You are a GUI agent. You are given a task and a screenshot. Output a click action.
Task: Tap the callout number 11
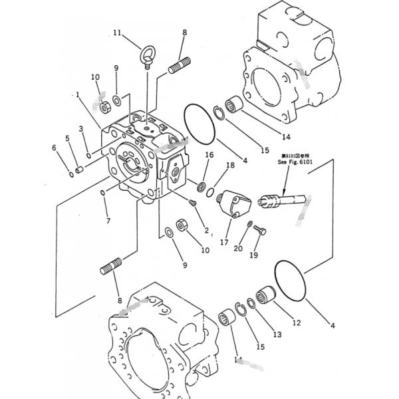pyautogui.click(x=117, y=33)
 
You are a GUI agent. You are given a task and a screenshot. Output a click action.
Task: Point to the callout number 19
pyautogui.click(x=253, y=255)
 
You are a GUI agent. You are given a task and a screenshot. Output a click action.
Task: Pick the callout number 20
pyautogui.click(x=237, y=249)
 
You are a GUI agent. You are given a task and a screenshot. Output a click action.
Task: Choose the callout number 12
pyautogui.click(x=296, y=323)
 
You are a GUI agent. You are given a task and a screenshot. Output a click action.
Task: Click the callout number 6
pyautogui.click(x=55, y=148)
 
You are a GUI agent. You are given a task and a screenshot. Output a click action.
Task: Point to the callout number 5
pyautogui.click(x=67, y=138)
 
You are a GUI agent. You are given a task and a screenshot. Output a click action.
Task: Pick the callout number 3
pyautogui.click(x=80, y=128)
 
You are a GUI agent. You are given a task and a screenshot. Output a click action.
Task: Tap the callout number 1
pyautogui.click(x=78, y=95)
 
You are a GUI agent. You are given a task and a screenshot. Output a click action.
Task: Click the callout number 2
pyautogui.click(x=207, y=231)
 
